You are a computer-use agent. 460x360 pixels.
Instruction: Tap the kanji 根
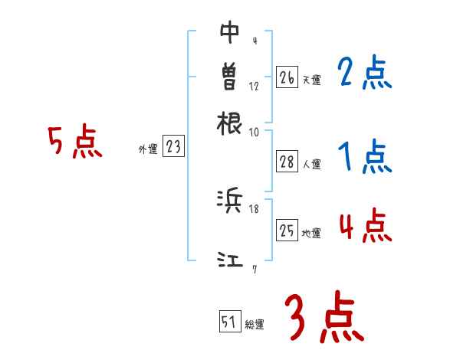click(230, 122)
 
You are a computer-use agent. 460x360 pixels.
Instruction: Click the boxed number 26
click(286, 77)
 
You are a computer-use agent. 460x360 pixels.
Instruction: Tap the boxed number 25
click(286, 231)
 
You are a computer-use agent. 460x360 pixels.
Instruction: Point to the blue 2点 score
click(364, 74)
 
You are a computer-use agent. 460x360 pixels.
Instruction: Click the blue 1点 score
click(364, 158)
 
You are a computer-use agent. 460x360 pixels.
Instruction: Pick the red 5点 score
click(74, 143)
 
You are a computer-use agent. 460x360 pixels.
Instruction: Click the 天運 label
click(311, 80)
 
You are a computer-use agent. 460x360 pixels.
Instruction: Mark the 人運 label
click(311, 163)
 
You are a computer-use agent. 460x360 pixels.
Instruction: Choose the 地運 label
click(311, 233)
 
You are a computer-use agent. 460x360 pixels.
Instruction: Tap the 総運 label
click(255, 325)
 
